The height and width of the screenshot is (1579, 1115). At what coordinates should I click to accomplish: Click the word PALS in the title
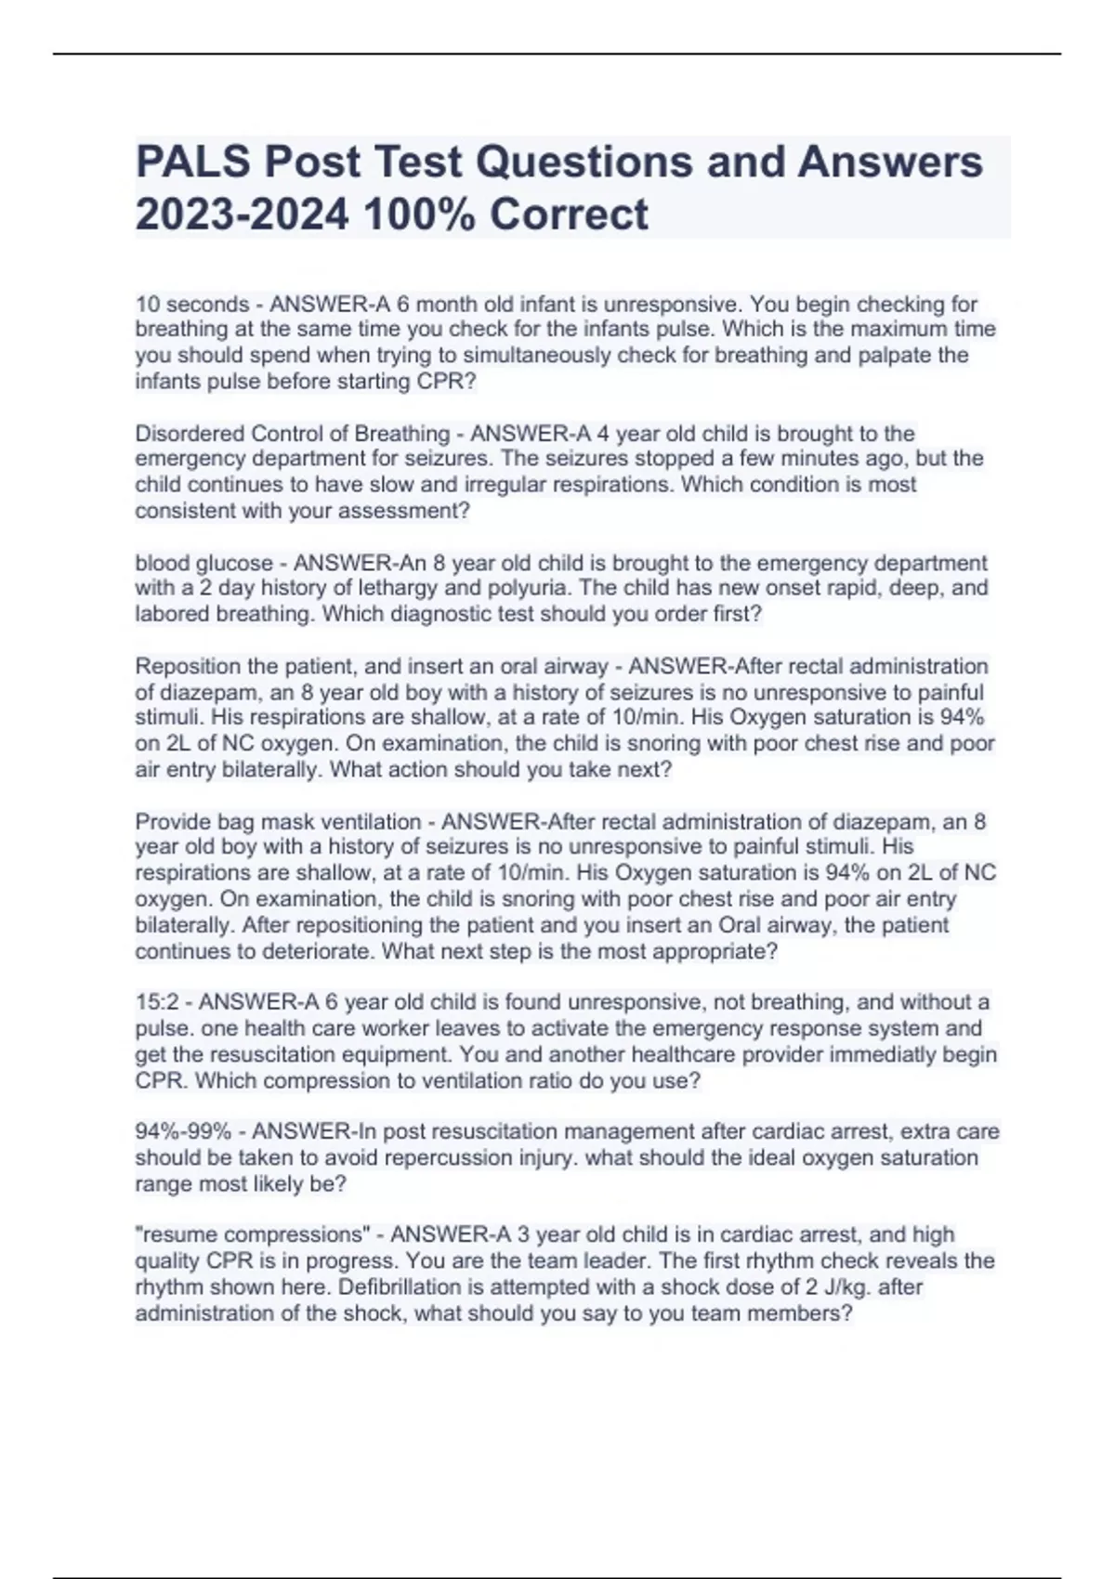click(192, 162)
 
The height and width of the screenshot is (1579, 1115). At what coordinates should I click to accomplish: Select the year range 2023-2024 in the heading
click(243, 215)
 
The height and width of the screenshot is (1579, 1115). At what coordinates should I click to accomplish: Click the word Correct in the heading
click(569, 215)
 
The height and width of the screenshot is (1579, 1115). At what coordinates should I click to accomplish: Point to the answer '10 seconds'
click(191, 304)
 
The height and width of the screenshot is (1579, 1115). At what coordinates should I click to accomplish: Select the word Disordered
click(190, 434)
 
